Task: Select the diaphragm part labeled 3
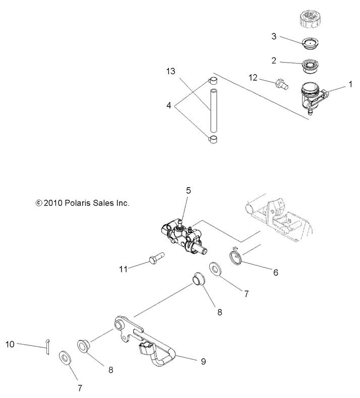tap(310, 44)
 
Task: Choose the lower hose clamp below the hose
tap(212, 139)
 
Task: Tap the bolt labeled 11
tap(156, 261)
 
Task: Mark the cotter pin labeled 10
tap(46, 349)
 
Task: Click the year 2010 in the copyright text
tap(54, 203)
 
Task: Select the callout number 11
tap(123, 268)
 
